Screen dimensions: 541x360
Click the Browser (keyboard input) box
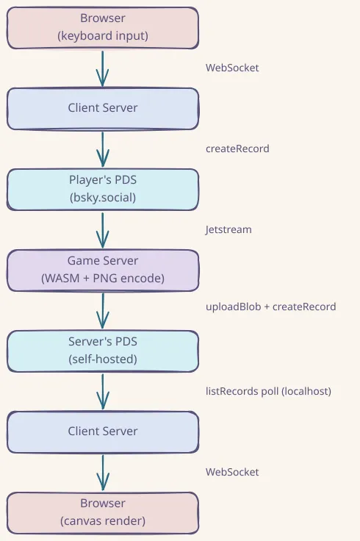pyautogui.click(x=103, y=28)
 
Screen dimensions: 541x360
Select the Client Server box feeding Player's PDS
pyautogui.click(x=103, y=109)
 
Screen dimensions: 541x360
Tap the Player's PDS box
pyautogui.click(x=103, y=190)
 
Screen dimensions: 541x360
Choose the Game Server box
pyautogui.click(x=103, y=270)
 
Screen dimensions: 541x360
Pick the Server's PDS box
pyautogui.click(x=103, y=351)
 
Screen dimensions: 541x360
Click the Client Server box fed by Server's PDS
pyautogui.click(x=103, y=431)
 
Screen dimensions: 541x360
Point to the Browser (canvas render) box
pyautogui.click(x=103, y=512)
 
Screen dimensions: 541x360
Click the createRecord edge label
pyautogui.click(x=237, y=148)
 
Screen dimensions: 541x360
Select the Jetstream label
pyautogui.click(x=228, y=229)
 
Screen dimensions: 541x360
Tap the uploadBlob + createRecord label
pyautogui.click(x=270, y=307)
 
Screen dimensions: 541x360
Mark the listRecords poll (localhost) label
pyautogui.click(x=268, y=391)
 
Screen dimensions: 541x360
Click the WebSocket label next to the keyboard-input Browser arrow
pyautogui.click(x=232, y=68)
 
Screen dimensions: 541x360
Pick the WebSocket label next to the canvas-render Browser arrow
pyautogui.click(x=232, y=472)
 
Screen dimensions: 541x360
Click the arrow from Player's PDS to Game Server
pyautogui.click(x=103, y=229)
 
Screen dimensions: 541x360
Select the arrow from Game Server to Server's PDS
pyautogui.click(x=103, y=310)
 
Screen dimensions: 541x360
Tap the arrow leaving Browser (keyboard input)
pyautogui.click(x=103, y=68)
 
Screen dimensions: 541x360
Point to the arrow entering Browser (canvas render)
pyautogui.click(x=103, y=472)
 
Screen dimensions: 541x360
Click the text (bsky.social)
pyautogui.click(x=103, y=197)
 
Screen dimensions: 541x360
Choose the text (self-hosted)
pyautogui.click(x=103, y=359)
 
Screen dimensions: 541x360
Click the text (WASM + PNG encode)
pyautogui.click(x=103, y=278)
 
